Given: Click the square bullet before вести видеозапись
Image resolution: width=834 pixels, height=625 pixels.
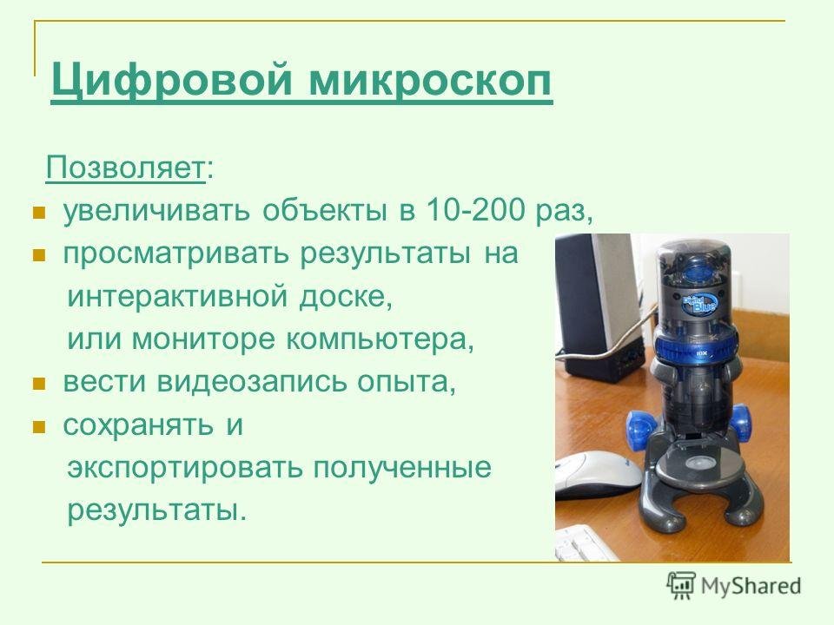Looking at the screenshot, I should tap(37, 384).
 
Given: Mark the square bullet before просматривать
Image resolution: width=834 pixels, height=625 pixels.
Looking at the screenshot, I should tap(37, 256).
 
